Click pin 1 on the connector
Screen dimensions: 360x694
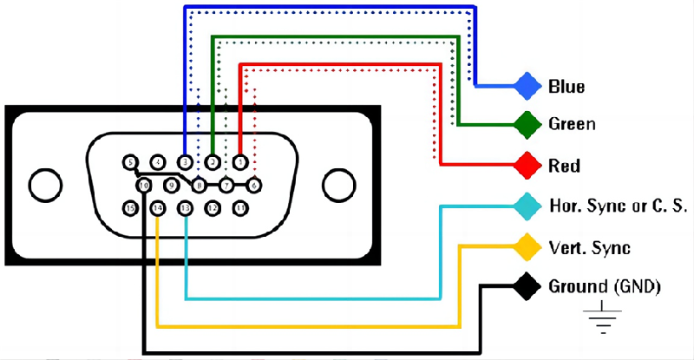240,161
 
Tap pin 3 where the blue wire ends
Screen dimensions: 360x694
185,161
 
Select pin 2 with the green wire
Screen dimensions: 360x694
213,161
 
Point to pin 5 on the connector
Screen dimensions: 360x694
130,161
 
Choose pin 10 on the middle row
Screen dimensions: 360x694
143,185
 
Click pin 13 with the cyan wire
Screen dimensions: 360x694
185,208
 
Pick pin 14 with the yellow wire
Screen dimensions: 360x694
157,208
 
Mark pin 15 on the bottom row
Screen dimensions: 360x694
130,208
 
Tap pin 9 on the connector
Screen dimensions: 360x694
171,185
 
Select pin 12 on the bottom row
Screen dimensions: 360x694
213,208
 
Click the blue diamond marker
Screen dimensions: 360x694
526,86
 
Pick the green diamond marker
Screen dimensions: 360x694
526,124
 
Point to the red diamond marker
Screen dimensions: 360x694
526,164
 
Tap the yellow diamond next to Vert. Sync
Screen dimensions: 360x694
526,246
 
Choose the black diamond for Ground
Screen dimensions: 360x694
526,285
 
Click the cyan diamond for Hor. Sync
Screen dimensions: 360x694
526,206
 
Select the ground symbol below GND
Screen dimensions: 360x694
599,321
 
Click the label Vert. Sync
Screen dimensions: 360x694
589,247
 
